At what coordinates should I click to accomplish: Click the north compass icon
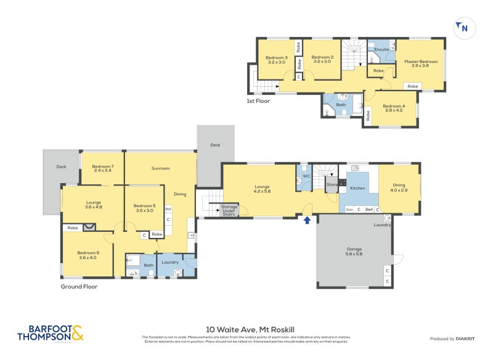point(462,28)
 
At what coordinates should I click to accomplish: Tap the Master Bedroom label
point(421,62)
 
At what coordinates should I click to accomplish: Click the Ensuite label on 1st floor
point(382,49)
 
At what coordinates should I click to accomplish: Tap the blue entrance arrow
point(306,218)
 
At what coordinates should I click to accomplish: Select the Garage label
point(354,250)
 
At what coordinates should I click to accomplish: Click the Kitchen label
point(357,188)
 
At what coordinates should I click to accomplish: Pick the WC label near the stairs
point(305,176)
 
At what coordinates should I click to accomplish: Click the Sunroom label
point(160,168)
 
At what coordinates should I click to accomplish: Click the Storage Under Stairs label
point(229,210)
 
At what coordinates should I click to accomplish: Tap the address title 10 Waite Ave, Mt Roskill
point(246,329)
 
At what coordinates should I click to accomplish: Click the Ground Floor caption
point(79,286)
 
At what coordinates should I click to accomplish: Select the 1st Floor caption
point(258,100)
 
